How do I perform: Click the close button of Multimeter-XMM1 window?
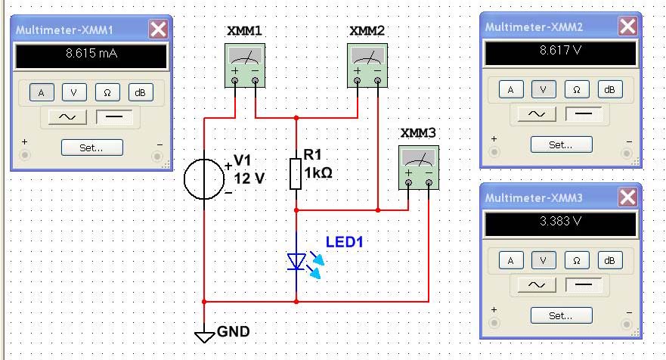(x=158, y=29)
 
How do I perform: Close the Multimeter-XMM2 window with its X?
(x=627, y=26)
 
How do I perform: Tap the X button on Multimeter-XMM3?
(x=627, y=197)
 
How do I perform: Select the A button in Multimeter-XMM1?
(x=41, y=92)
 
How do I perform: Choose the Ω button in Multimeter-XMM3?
(x=576, y=260)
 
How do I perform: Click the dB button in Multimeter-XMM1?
(x=140, y=92)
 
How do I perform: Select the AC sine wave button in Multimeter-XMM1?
(x=64, y=117)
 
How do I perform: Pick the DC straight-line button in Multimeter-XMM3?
(x=584, y=285)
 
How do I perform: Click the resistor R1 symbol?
(x=296, y=173)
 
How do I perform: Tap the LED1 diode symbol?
(x=296, y=262)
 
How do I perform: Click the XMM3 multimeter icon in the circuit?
(x=418, y=166)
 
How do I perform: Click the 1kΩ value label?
(x=318, y=172)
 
